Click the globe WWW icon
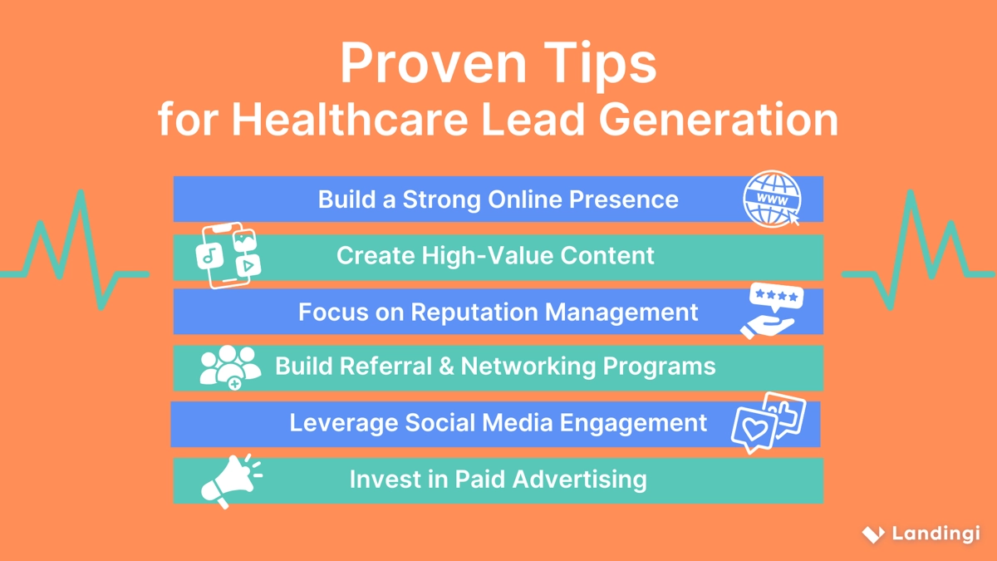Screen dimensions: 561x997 tap(772, 199)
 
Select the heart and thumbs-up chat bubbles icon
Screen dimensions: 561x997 tap(769, 423)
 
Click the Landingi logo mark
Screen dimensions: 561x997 tap(872, 534)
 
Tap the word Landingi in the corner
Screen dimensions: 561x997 tap(936, 534)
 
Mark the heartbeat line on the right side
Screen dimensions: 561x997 tap(918, 249)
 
